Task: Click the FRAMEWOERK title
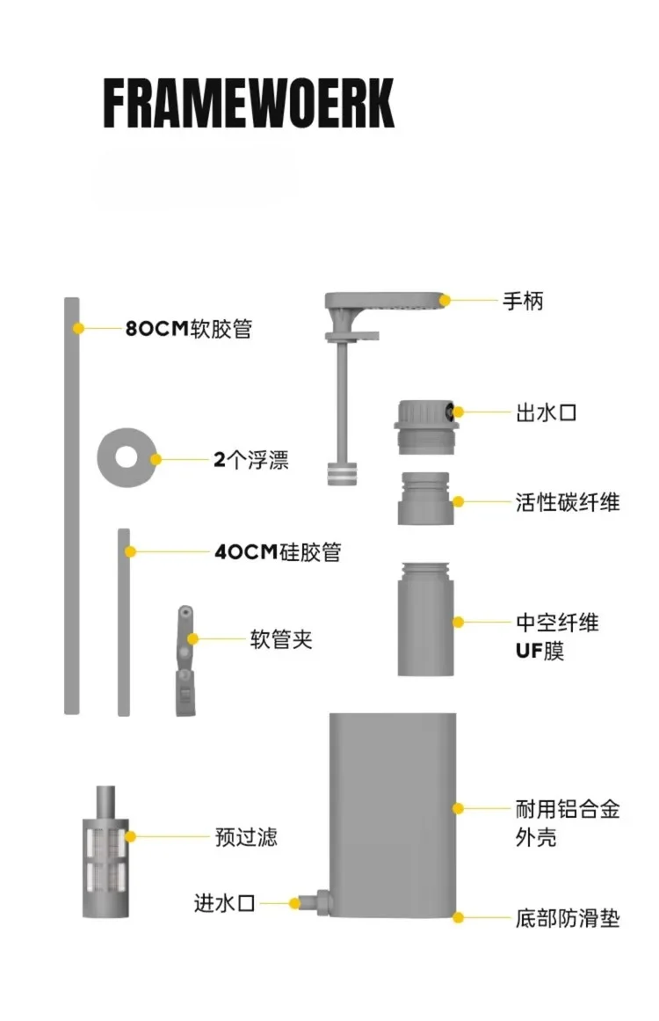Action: (x=249, y=103)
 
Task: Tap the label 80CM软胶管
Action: (x=189, y=328)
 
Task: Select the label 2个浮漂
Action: (x=251, y=460)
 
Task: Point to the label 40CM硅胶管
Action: (x=278, y=552)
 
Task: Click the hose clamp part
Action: (x=185, y=660)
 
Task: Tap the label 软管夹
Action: (x=281, y=638)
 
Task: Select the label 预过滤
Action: (x=246, y=836)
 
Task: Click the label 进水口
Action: (x=224, y=903)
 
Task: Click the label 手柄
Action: (x=523, y=301)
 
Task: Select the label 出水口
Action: (x=547, y=412)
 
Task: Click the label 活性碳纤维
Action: (x=568, y=502)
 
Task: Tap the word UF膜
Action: (x=540, y=651)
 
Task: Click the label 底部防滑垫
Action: (x=568, y=918)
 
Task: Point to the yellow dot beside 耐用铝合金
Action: (x=458, y=809)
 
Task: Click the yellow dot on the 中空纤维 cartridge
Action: (x=458, y=623)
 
